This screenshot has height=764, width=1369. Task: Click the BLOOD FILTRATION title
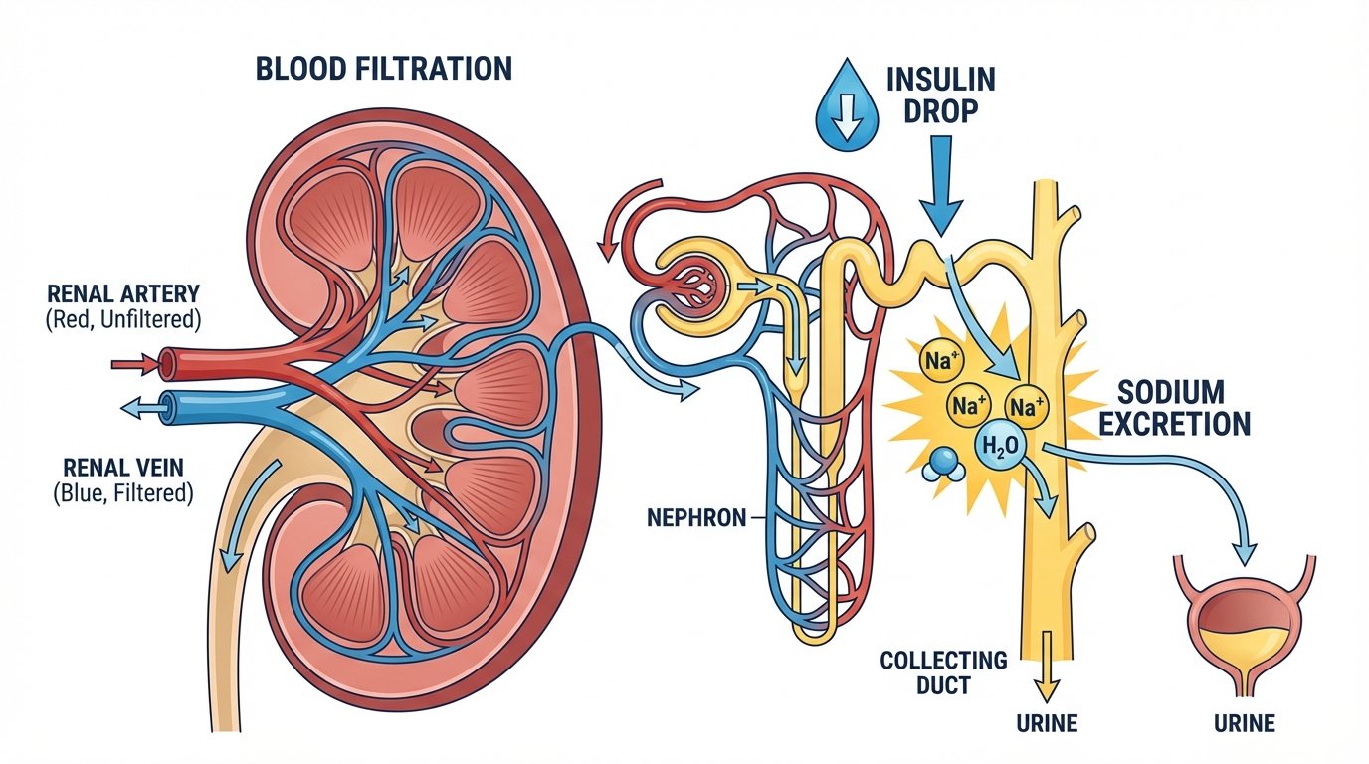coord(384,69)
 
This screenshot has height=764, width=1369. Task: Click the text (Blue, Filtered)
coord(121,492)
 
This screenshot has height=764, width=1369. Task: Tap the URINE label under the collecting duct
coord(1048,723)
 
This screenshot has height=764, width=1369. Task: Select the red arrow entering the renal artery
coord(138,365)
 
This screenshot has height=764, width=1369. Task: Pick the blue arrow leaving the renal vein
coord(139,406)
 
